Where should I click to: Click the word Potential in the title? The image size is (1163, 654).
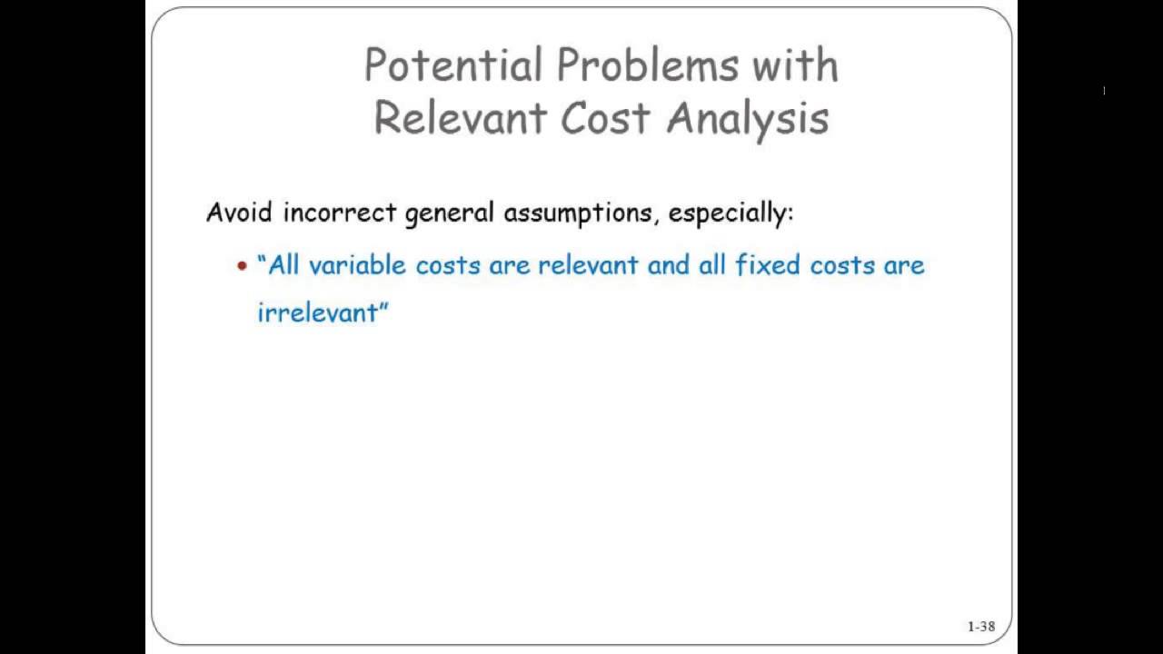tap(453, 65)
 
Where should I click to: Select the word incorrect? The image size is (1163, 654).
tap(340, 213)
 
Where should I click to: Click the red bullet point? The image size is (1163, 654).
tap(242, 266)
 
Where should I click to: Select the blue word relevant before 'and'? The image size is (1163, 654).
tap(588, 265)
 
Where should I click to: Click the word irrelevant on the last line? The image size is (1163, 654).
tap(318, 312)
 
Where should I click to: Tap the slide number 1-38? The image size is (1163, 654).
tap(980, 626)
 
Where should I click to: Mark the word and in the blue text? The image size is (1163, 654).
tap(668, 265)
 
